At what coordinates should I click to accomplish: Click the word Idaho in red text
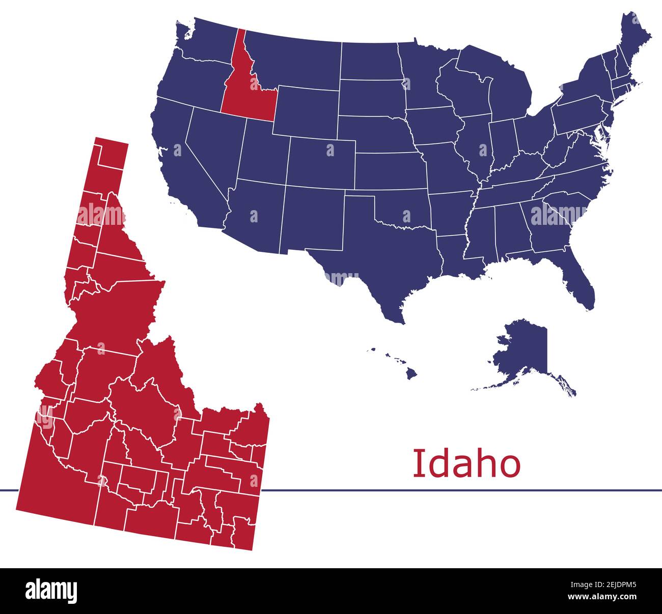pyautogui.click(x=466, y=464)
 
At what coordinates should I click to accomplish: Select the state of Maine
pyautogui.click(x=634, y=38)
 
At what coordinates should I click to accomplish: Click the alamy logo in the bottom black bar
pyautogui.click(x=51, y=591)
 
